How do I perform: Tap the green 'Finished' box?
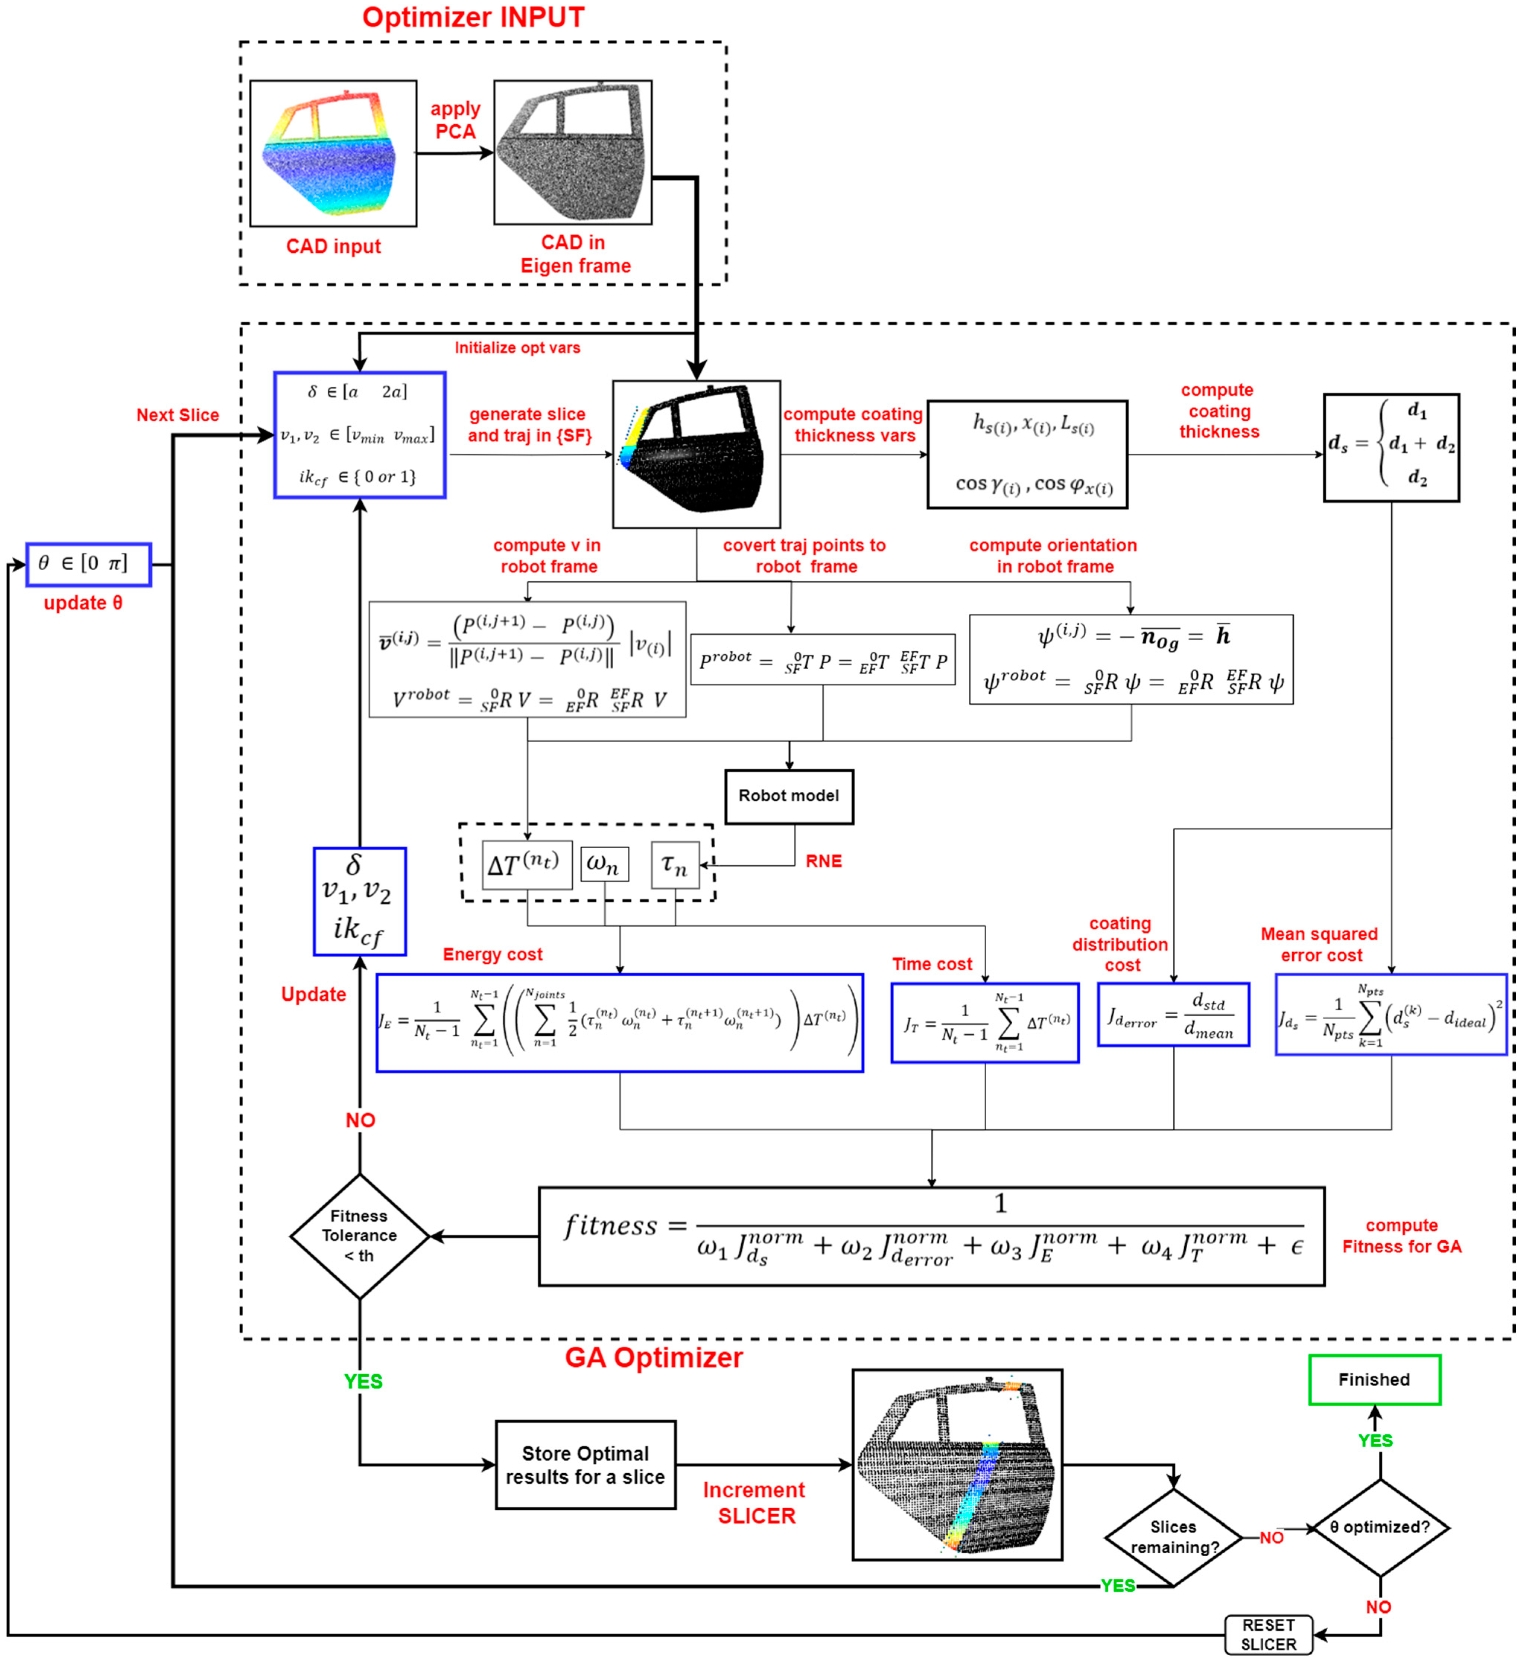[1374, 1380]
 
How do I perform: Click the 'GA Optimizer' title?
[653, 1358]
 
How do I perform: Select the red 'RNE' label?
[824, 861]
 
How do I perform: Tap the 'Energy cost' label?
[493, 954]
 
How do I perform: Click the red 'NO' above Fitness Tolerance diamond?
[360, 1120]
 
